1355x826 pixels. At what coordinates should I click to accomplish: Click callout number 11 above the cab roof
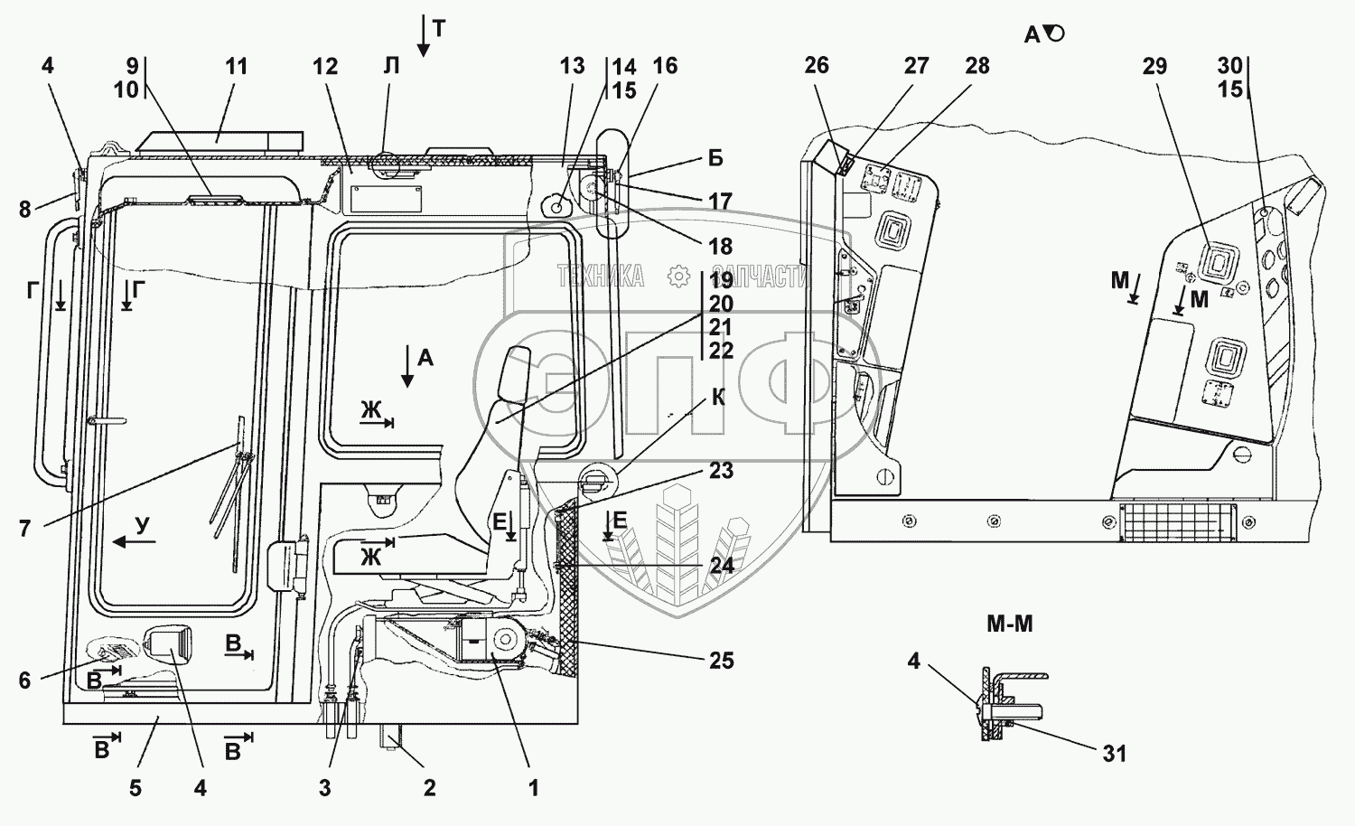237,66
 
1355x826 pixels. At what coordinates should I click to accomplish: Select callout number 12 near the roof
325,66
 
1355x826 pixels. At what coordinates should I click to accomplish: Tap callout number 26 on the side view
817,65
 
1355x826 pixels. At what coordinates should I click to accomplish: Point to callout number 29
1154,66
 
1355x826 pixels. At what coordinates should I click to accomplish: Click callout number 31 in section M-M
1114,754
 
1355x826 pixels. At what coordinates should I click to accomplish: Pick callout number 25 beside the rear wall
721,661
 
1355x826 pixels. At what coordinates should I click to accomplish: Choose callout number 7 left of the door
24,529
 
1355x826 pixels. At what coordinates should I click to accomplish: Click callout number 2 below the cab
429,788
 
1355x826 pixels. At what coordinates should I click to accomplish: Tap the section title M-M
1010,624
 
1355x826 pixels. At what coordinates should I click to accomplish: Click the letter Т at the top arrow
440,28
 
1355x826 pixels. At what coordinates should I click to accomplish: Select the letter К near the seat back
719,398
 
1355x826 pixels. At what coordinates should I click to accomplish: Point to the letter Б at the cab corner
715,158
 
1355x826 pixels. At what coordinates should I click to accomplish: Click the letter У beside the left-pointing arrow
142,525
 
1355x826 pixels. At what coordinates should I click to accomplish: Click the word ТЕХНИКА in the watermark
600,277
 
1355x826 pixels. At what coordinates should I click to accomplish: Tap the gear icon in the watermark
678,277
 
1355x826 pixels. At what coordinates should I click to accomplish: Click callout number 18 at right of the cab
721,247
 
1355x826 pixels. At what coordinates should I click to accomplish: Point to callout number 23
721,470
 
